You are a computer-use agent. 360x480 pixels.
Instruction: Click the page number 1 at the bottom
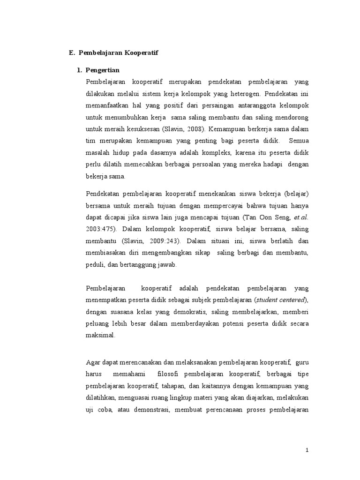tap(307, 450)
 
